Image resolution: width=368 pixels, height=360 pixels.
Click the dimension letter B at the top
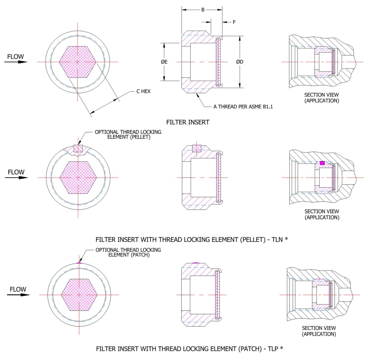(x=203, y=10)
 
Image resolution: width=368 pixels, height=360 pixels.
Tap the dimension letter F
(x=234, y=22)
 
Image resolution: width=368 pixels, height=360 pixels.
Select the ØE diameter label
(x=164, y=62)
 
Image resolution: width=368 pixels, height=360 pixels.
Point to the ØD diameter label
(x=240, y=62)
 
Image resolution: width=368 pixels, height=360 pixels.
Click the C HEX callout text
(x=143, y=91)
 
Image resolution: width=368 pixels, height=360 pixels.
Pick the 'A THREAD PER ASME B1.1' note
(x=243, y=107)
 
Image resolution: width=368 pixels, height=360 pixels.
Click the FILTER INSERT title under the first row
(x=188, y=122)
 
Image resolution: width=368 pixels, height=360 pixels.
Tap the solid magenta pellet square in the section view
(x=322, y=163)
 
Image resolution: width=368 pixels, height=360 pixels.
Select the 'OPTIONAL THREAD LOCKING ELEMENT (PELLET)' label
(x=128, y=134)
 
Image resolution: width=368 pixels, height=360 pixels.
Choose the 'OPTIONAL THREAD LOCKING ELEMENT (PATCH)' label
(x=128, y=252)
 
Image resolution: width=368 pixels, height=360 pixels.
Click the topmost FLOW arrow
(x=16, y=62)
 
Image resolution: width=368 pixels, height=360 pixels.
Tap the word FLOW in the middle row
(x=16, y=172)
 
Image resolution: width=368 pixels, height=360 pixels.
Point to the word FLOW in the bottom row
(x=18, y=289)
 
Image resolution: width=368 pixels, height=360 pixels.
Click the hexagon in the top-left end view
(x=78, y=62)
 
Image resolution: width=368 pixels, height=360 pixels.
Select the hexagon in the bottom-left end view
(x=79, y=295)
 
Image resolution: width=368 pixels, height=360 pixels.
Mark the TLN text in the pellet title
(x=277, y=239)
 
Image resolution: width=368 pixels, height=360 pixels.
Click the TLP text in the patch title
(x=273, y=349)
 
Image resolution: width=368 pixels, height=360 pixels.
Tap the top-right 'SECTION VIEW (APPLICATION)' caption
(x=322, y=97)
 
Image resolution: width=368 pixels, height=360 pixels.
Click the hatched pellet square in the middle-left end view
(x=78, y=148)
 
